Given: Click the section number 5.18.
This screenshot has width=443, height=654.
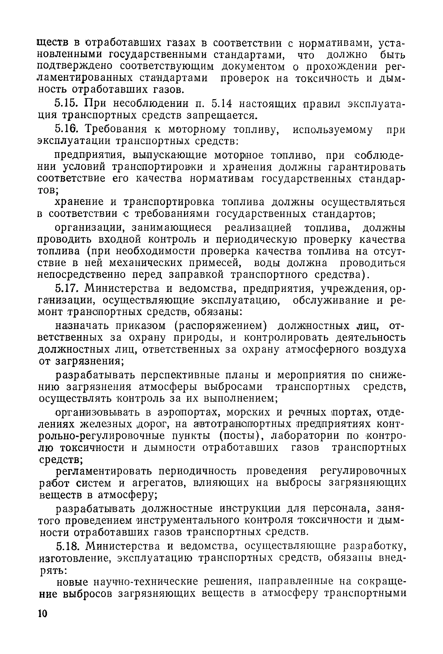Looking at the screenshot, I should pos(67,546).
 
